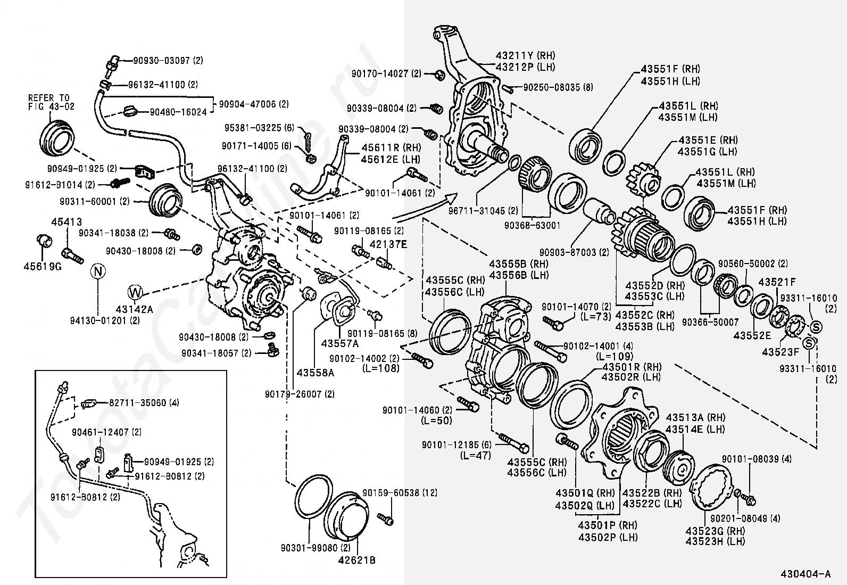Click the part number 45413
point(67,222)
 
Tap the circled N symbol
point(98,271)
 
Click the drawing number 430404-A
point(806,574)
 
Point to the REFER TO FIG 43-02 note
point(52,102)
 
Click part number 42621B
point(357,560)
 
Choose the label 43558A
point(315,373)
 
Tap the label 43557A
point(340,343)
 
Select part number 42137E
point(388,244)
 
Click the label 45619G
point(43,266)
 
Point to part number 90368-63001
point(532,225)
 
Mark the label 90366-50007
point(710,322)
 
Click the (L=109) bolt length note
point(615,356)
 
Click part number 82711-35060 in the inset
point(144,402)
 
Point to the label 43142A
point(134,309)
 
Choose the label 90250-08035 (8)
point(558,87)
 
